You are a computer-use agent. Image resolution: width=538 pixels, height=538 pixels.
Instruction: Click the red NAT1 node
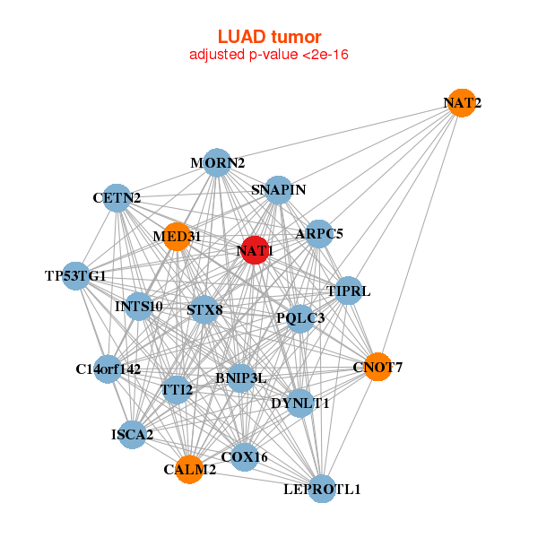point(255,251)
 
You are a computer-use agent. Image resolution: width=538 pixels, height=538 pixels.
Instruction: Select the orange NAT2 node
point(461,103)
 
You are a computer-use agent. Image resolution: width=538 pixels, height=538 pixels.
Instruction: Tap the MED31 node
point(177,237)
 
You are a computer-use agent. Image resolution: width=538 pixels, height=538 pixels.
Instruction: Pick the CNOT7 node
point(377,367)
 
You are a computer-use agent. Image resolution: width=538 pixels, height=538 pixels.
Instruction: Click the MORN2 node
point(217,163)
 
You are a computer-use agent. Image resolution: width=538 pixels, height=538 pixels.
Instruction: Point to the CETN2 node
point(117,197)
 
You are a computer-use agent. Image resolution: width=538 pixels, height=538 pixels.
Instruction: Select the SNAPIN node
point(279,189)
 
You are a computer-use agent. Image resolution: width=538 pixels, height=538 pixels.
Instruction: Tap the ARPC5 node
point(319,235)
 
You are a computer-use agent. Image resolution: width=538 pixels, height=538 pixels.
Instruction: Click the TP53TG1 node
point(76,275)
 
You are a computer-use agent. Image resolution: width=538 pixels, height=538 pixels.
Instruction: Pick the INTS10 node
point(139,307)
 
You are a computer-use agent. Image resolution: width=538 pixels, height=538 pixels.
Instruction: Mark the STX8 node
point(204,310)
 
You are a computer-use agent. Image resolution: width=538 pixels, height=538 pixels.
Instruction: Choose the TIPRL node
point(348,291)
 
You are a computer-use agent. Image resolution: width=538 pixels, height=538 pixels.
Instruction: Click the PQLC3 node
point(300,317)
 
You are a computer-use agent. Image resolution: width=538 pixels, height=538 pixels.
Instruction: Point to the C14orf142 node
point(108,369)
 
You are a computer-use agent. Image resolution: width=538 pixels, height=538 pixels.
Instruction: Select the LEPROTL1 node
point(321,489)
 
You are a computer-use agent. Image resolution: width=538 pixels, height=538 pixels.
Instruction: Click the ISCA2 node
point(132,435)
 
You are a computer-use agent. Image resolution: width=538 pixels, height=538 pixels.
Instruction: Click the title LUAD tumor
point(269,37)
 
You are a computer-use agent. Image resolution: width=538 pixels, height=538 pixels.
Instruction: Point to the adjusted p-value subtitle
point(269,55)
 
